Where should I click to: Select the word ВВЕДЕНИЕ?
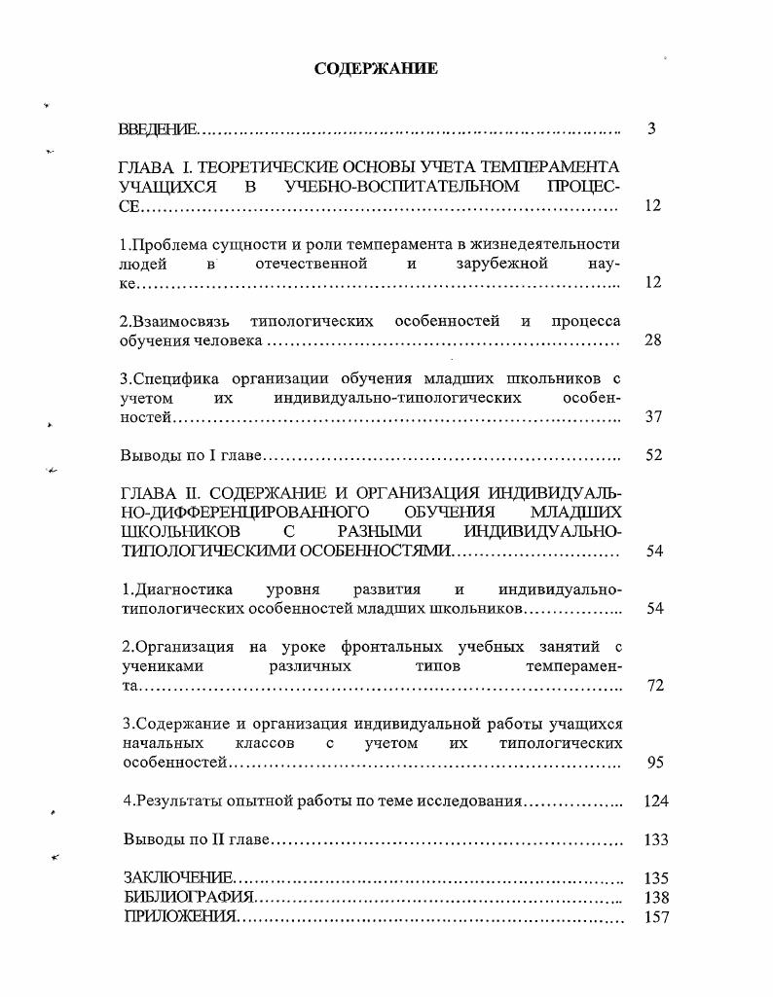pyautogui.click(x=157, y=129)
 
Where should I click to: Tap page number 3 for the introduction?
pyautogui.click(x=651, y=128)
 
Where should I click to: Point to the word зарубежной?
pyautogui.click(x=501, y=264)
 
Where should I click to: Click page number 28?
pyautogui.click(x=653, y=340)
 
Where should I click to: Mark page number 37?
pyautogui.click(x=654, y=416)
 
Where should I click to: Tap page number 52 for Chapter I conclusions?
pyautogui.click(x=654, y=455)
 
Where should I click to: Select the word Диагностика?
pyautogui.click(x=178, y=589)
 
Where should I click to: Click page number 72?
pyautogui.click(x=654, y=686)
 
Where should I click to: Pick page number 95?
pyautogui.click(x=654, y=763)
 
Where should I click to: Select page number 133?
pyautogui.click(x=656, y=839)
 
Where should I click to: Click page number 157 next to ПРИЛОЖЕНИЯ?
pyautogui.click(x=656, y=916)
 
